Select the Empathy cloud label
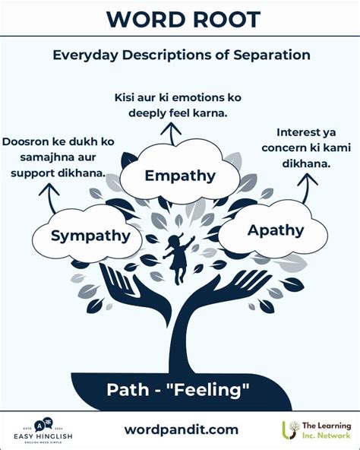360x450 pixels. [180, 176]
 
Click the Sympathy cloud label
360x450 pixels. [90, 236]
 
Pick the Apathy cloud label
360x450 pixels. [276, 230]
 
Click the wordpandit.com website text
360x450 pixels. [181, 429]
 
